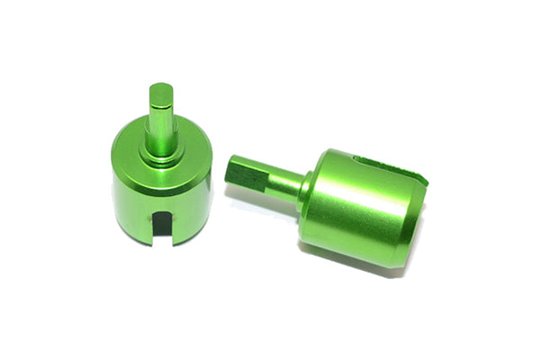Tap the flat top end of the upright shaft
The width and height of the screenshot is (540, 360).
click(162, 88)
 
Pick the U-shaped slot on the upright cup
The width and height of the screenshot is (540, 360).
click(162, 226)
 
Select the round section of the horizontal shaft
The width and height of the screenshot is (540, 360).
click(283, 185)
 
